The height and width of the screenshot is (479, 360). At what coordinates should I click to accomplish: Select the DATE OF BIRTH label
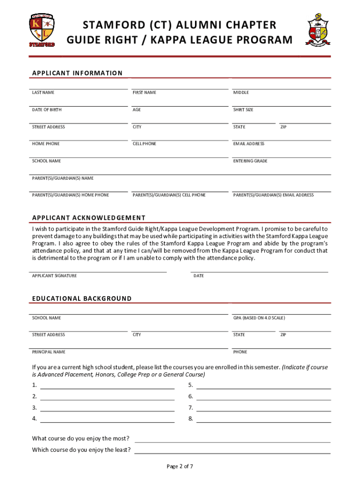click(47, 110)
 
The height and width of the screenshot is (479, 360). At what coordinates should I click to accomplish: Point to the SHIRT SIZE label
click(243, 110)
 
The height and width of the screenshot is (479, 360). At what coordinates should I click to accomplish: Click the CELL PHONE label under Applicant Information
click(144, 144)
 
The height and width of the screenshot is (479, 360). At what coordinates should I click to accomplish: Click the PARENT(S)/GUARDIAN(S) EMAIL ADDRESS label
click(274, 195)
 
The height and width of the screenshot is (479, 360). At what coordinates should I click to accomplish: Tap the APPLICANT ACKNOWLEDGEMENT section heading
click(89, 218)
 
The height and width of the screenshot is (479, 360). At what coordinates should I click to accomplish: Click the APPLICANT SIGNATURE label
click(54, 276)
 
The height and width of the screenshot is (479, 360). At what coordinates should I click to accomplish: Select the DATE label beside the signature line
click(199, 276)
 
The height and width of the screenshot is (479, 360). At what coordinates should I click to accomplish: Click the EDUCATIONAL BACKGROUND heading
click(82, 298)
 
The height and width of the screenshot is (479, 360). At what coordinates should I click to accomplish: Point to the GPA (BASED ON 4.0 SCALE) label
click(259, 318)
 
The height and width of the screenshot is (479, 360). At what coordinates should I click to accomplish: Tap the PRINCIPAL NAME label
click(49, 352)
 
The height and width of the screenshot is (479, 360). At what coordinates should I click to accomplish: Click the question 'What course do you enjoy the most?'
click(81, 439)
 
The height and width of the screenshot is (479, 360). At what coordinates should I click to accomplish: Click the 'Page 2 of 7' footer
click(180, 466)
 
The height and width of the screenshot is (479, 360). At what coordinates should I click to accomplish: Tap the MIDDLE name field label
click(241, 93)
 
